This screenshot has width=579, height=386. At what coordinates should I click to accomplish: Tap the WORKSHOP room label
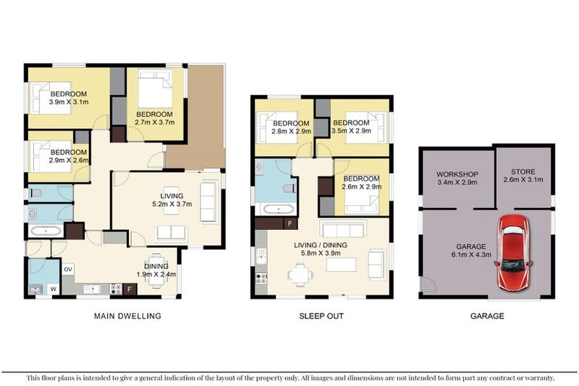coord(458,174)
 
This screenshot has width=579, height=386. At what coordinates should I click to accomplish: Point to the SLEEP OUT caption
coord(321,316)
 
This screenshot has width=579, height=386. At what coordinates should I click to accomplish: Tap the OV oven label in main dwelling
coord(68,268)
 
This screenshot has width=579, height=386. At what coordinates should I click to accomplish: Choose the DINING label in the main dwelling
coord(157,265)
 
